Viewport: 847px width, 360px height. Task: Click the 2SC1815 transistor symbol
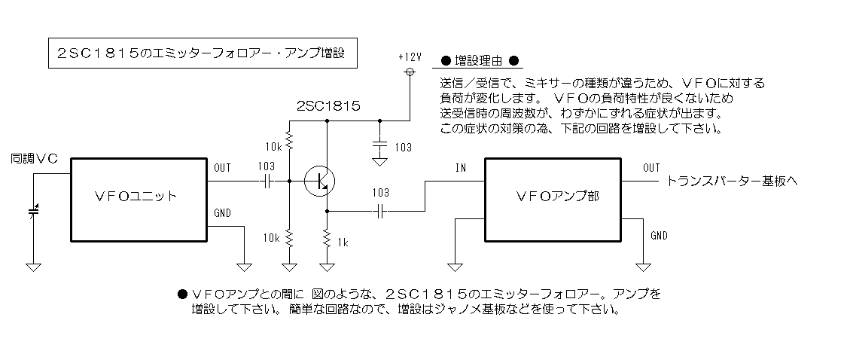pos(319,181)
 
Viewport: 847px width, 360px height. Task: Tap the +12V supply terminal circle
pos(410,72)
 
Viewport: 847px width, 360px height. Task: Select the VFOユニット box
pos(139,200)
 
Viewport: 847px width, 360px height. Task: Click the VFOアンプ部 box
pos(553,200)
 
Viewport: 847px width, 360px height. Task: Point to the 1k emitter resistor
pos(327,237)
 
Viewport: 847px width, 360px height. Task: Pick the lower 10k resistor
pos(290,237)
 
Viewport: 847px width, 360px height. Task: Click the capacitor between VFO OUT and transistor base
pos(267,182)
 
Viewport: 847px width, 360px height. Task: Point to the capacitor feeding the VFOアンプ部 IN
pos(380,212)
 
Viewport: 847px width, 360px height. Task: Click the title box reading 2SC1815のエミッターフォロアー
pos(203,53)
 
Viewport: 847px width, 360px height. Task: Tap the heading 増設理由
pos(478,60)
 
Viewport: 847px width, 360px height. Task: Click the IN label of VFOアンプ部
pos(461,167)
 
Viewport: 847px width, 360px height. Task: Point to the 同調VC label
pos(34,159)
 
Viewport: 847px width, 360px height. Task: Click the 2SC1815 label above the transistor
pos(328,106)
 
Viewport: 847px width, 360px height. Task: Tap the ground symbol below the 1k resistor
pos(327,267)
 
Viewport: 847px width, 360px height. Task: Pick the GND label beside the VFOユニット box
pos(223,213)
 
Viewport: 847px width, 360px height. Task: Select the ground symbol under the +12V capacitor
pos(379,162)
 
